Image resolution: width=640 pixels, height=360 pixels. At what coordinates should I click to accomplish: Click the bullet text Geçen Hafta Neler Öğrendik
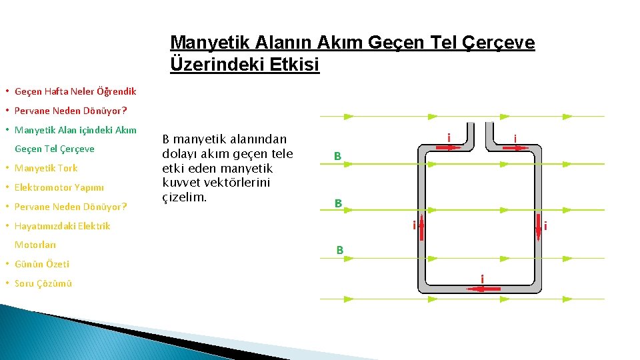(75, 91)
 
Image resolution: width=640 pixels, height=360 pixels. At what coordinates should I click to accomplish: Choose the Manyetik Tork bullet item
(46, 168)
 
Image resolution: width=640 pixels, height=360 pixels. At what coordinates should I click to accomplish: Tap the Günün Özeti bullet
(42, 264)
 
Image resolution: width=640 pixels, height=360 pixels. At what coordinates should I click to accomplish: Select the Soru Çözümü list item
(43, 283)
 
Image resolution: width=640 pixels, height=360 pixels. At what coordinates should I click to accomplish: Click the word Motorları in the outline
(35, 245)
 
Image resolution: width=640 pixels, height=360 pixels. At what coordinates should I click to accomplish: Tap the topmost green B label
(338, 156)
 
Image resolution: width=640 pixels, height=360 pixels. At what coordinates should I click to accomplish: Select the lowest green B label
(339, 251)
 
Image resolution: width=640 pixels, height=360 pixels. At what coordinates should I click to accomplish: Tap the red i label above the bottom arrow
(482, 277)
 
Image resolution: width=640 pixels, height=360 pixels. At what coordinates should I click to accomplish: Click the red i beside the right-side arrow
(546, 227)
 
